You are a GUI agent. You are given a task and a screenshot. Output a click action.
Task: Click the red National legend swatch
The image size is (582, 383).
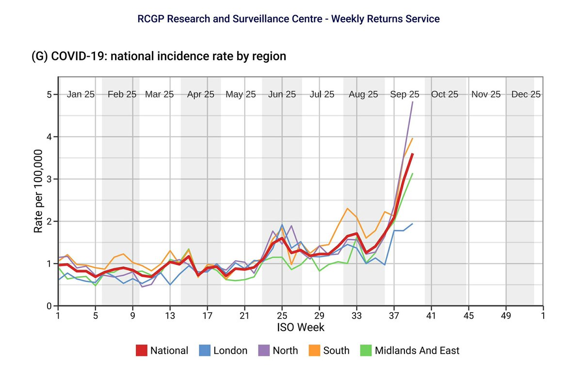[142, 350]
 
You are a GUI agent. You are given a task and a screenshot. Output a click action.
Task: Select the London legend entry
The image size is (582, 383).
[230, 350]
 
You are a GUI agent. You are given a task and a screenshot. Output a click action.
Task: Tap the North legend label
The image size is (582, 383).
[285, 350]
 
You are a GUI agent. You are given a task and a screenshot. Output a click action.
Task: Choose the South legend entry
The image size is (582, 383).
[336, 350]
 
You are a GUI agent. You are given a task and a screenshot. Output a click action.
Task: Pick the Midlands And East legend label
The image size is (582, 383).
[417, 350]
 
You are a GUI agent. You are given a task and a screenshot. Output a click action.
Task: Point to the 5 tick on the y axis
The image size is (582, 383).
[49, 95]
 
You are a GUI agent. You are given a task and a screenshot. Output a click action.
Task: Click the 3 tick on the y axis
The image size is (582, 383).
[49, 179]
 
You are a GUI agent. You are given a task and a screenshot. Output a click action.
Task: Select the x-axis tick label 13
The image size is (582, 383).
[170, 315]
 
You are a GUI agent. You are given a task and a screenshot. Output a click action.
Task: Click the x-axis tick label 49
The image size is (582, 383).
[505, 315]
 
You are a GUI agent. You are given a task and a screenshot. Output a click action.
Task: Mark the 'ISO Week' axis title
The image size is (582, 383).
[300, 327]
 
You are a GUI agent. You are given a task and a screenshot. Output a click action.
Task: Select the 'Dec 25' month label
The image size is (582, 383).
[526, 95]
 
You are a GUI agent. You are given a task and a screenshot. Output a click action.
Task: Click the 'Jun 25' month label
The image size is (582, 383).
[282, 95]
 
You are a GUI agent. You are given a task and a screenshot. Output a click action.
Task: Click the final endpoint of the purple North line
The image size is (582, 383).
[412, 102]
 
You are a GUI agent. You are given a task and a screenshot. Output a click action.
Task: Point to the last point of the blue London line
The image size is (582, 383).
[412, 224]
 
